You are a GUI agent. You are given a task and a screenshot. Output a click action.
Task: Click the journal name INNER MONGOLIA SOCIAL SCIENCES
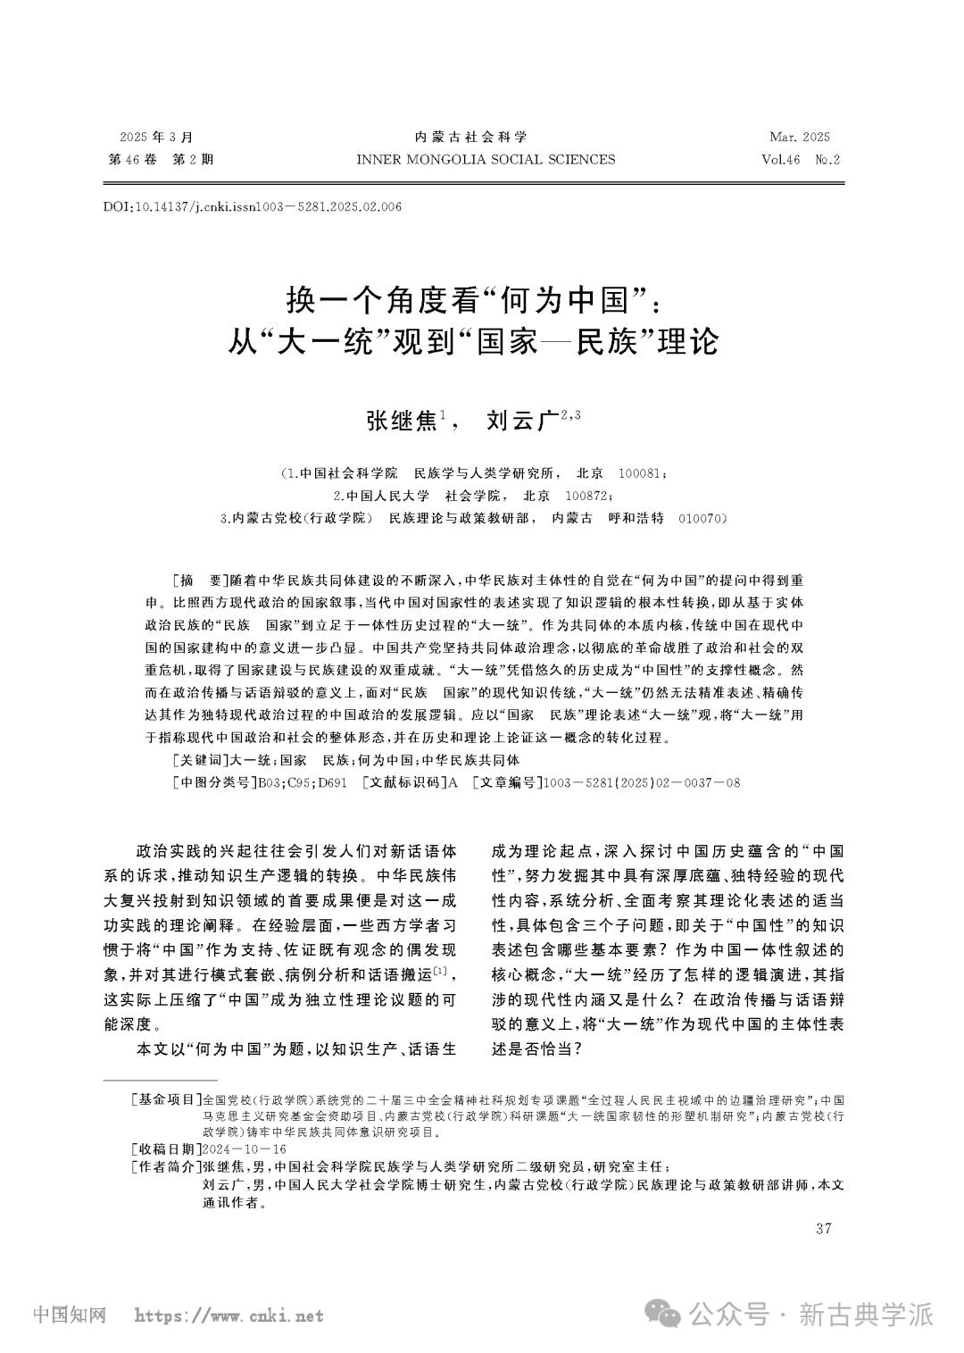click(485, 160)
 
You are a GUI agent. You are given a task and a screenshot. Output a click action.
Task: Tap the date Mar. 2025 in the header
click(799, 137)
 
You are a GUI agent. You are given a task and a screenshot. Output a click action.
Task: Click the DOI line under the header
click(253, 207)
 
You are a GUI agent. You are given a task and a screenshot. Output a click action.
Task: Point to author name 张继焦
click(402, 421)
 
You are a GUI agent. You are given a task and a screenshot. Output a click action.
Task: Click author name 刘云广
click(521, 421)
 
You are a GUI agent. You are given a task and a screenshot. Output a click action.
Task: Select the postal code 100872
click(588, 495)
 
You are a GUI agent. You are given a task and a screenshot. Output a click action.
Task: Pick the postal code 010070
click(703, 518)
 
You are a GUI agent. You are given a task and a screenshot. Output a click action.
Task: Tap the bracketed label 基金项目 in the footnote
click(166, 1099)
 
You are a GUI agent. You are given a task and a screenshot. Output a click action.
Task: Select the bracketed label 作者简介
click(166, 1167)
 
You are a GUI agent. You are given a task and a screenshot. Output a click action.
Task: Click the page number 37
click(824, 1229)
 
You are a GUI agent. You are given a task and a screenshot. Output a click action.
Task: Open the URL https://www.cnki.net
click(229, 1315)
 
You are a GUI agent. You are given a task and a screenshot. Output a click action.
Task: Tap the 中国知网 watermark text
click(70, 1315)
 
